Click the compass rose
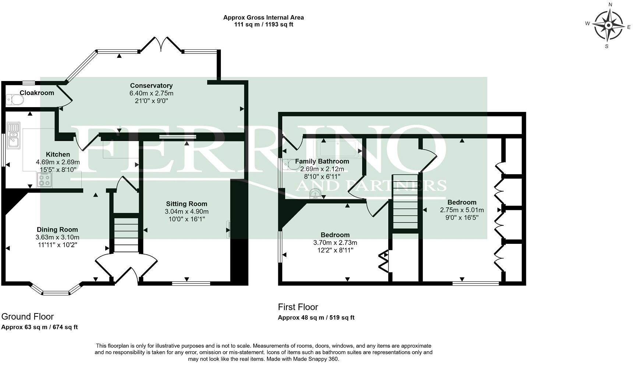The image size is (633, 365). pos(608,25)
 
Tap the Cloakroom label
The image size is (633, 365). pos(37,93)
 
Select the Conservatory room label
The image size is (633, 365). pos(151,86)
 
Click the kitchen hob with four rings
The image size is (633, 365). pos(45,179)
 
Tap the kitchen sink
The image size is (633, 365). pos(13,135)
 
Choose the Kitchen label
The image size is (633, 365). pos(58,154)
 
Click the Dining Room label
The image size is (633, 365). pos(57,229)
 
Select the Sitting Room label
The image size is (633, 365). pos(187,204)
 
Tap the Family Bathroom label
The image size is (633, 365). pos(322,161)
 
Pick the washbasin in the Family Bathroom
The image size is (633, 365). pos(315,194)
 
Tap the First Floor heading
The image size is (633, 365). pos(298,307)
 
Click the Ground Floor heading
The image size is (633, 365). pos(28,316)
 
